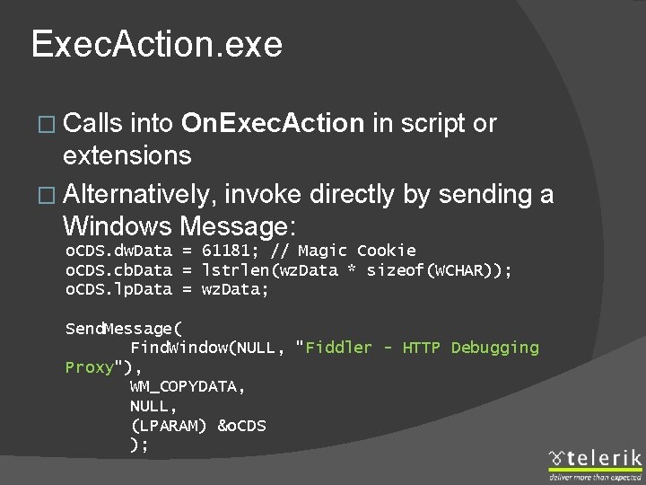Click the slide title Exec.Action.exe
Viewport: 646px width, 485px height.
(x=157, y=44)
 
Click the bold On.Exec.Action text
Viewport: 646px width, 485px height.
(x=272, y=123)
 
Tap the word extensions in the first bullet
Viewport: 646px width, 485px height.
(x=127, y=155)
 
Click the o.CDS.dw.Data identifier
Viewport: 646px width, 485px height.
(x=118, y=251)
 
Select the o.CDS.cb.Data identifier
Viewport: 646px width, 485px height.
(x=118, y=270)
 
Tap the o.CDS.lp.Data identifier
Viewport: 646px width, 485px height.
(x=118, y=290)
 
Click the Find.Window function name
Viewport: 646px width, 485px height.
(x=178, y=348)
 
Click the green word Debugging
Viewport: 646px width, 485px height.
(x=494, y=348)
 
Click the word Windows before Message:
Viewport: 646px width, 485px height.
(x=118, y=225)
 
